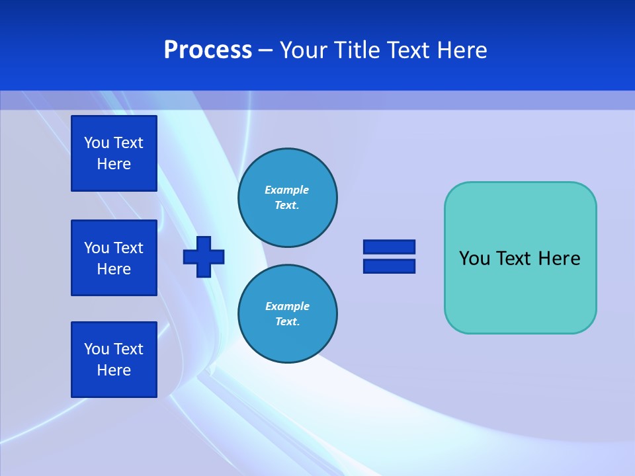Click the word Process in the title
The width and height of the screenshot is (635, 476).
(208, 50)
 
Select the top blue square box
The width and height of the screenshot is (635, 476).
(114, 153)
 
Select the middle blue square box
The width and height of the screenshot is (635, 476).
(114, 258)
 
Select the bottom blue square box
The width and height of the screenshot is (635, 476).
(114, 360)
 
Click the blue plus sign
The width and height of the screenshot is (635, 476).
(204, 257)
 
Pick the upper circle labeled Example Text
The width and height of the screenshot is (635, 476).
(287, 198)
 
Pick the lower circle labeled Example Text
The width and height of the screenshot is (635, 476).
(287, 313)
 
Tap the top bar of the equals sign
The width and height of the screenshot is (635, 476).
(389, 247)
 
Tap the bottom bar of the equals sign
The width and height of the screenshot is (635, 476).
(389, 266)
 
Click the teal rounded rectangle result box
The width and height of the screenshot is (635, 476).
(520, 291)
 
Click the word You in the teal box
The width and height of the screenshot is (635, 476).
(474, 258)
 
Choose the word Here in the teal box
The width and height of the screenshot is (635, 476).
(559, 258)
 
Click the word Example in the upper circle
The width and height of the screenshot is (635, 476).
(287, 190)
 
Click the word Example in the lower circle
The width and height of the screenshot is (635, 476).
(287, 306)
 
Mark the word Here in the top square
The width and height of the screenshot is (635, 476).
(114, 164)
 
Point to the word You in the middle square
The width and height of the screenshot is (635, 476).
(97, 248)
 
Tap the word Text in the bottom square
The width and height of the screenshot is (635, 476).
(128, 349)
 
